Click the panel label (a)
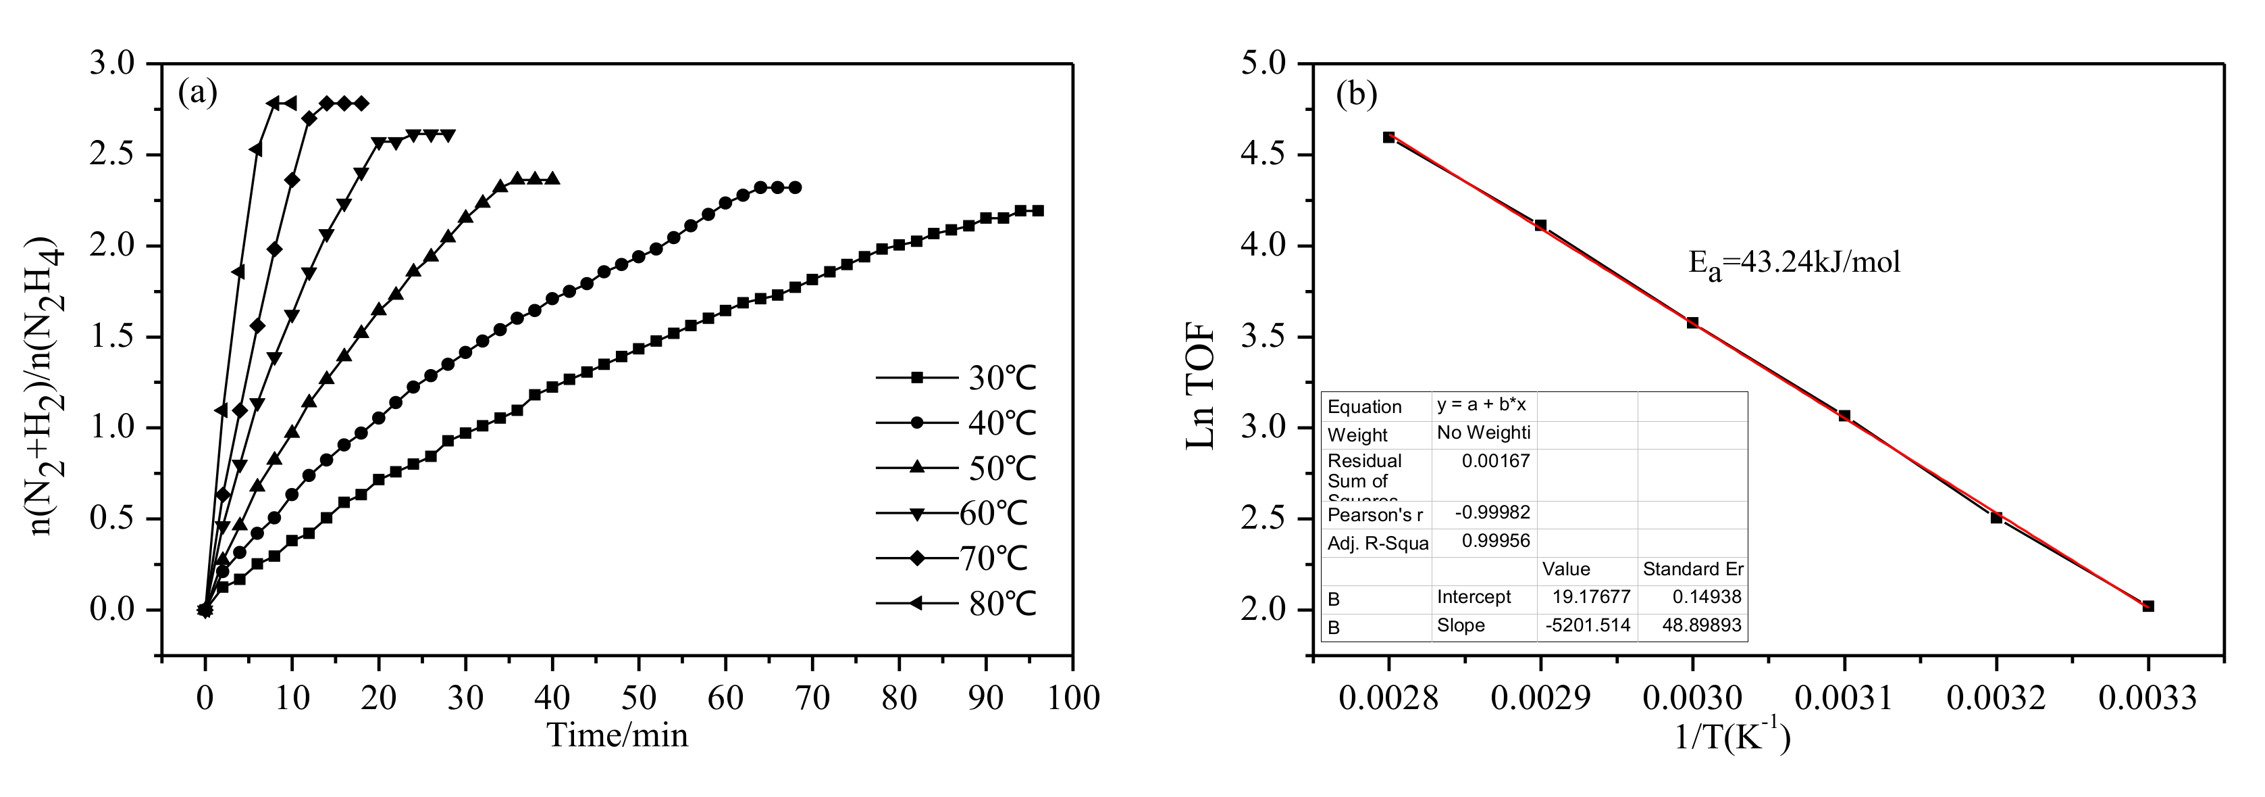coord(197,91)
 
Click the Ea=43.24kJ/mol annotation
coord(1794,261)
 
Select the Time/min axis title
coord(617,735)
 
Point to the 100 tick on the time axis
coord(1072,698)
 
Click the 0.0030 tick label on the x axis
coord(1692,698)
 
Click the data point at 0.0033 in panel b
coord(2148,606)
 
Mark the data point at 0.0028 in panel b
coord(1388,137)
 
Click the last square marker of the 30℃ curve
coord(1037,210)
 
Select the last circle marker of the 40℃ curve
coord(795,187)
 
